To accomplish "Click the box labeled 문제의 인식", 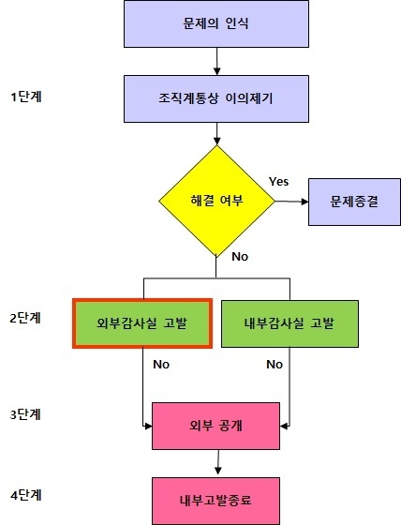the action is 216,23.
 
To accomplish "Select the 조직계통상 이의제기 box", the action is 216,98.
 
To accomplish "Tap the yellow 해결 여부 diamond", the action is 216,202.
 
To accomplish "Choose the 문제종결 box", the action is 354,202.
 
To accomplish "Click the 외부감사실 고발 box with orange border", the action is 142,323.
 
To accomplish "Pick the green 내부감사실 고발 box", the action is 290,323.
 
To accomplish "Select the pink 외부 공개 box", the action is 215,426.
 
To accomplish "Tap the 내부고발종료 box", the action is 215,501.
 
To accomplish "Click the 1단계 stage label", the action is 26,97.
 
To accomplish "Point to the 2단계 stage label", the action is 25,318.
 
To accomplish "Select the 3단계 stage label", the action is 25,414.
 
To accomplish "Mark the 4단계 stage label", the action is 26,495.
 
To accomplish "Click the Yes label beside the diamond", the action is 279,182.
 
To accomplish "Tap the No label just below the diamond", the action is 240,257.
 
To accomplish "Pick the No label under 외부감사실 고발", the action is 161,365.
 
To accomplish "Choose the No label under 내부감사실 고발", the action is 275,365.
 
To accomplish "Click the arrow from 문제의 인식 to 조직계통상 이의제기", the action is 217,61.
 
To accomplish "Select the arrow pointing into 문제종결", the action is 291,202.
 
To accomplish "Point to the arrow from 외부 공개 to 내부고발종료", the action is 218,462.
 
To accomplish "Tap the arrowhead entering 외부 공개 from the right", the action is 284,427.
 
